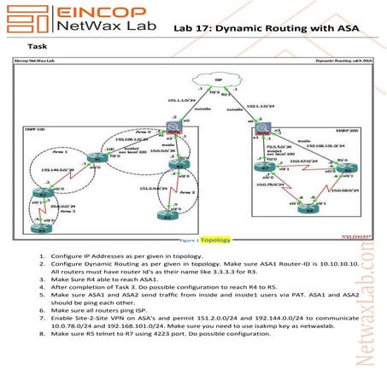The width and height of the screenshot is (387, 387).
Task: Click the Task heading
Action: click(x=37, y=48)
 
